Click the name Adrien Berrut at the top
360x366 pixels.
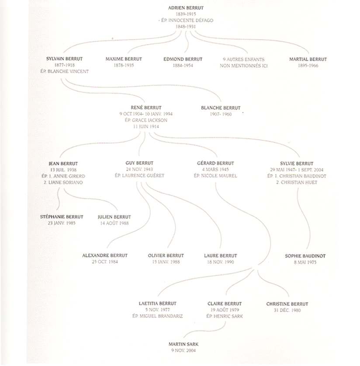pos(186,8)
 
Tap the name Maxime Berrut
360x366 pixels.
pos(124,59)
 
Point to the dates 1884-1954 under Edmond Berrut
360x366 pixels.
pos(183,66)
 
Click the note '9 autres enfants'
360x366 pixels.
pos(244,59)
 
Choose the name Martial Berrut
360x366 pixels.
pos(308,59)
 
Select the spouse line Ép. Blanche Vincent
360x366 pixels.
pos(64,71)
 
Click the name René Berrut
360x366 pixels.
pos(146,108)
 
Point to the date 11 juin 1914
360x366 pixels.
pos(146,126)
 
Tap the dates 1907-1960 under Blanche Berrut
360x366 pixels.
pos(221,114)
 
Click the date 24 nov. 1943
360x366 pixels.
pos(139,169)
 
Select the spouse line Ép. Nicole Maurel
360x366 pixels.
pos(215,176)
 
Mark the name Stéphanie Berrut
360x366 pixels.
pos(62,217)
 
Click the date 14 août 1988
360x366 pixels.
pos(114,223)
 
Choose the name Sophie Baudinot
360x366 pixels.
pos(305,256)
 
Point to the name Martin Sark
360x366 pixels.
pos(183,344)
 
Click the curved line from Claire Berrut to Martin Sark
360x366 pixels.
pos(210,330)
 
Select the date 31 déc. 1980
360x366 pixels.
pos(287,310)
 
